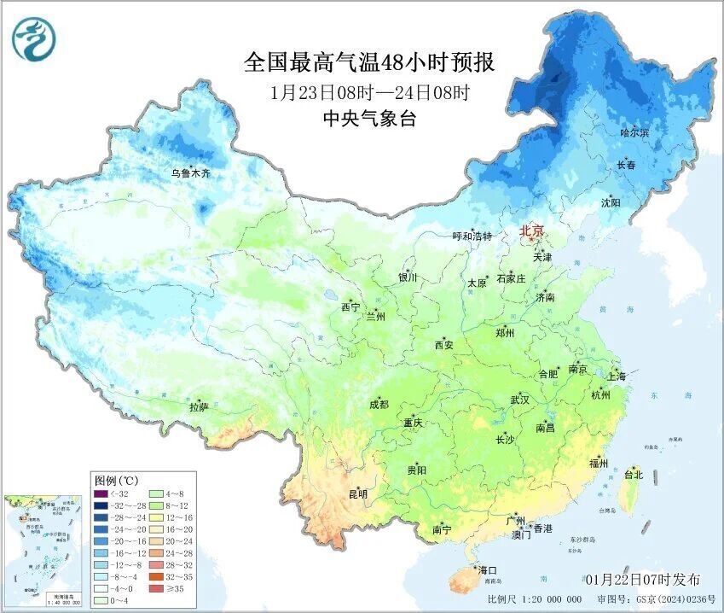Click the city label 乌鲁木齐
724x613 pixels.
coord(189,173)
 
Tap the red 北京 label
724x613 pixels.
coord(533,231)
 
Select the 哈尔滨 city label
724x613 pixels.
coord(634,133)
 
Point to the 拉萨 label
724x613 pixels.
coord(199,408)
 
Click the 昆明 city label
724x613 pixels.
coord(358,493)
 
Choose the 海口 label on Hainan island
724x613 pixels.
coord(487,569)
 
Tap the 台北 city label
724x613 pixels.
coord(634,474)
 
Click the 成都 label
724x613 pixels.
coord(379,405)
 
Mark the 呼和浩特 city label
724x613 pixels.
coord(472,236)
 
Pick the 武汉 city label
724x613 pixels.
coord(519,400)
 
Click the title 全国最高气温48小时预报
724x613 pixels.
coord(368,62)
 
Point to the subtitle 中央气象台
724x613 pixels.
coord(369,120)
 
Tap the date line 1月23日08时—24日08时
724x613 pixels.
coord(369,92)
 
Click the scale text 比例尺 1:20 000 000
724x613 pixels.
coord(535,600)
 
